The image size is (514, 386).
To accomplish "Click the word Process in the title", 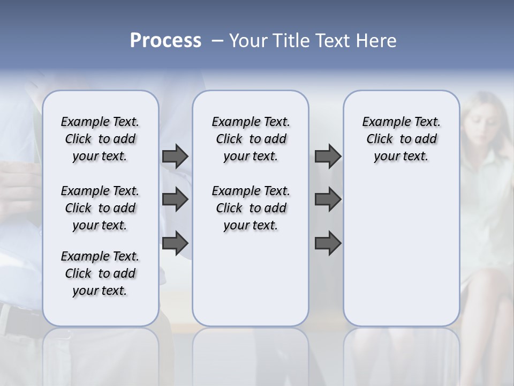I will coord(165,41).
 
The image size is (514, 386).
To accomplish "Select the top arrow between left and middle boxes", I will coord(175,156).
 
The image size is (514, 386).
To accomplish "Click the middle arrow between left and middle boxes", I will coord(175,199).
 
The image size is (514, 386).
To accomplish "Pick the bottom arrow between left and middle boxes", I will coord(175,243).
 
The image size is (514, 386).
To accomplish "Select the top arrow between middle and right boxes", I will coord(328,156).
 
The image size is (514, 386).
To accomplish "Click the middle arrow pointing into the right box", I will coord(328,199).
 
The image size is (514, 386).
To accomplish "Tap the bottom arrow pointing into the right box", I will coord(328,243).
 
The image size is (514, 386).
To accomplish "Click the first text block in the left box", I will coord(100,139).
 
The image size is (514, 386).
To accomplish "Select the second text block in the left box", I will coord(100,208).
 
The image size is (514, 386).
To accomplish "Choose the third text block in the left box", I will coord(100,273).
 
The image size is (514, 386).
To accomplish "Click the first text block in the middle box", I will coord(251,139).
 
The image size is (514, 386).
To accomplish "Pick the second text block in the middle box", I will coord(251,208).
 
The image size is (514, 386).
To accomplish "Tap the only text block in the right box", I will coord(401,139).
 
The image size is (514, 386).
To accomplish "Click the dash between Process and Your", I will coord(217,41).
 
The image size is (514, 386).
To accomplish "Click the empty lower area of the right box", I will coord(401,257).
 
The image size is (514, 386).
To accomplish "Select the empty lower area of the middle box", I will coord(251,279).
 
